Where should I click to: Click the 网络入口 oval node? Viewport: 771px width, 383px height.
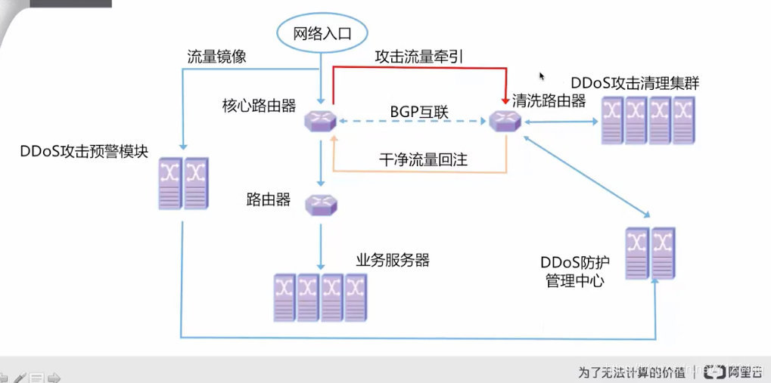click(322, 33)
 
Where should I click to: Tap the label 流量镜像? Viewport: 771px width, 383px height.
click(216, 57)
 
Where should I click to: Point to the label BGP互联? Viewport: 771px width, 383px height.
click(419, 113)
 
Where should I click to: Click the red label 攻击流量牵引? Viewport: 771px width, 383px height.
click(417, 57)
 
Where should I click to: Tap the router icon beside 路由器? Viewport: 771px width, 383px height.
click(321, 204)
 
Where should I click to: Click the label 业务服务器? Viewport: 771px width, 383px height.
click(392, 260)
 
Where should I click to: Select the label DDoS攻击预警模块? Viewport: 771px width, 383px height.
click(85, 150)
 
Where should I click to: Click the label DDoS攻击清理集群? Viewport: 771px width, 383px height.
click(634, 82)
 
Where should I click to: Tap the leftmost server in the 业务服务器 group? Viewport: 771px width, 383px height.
click(284, 297)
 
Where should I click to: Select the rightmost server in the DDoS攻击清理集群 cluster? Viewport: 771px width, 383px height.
click(684, 119)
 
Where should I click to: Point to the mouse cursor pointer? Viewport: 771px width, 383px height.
click(542, 76)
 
